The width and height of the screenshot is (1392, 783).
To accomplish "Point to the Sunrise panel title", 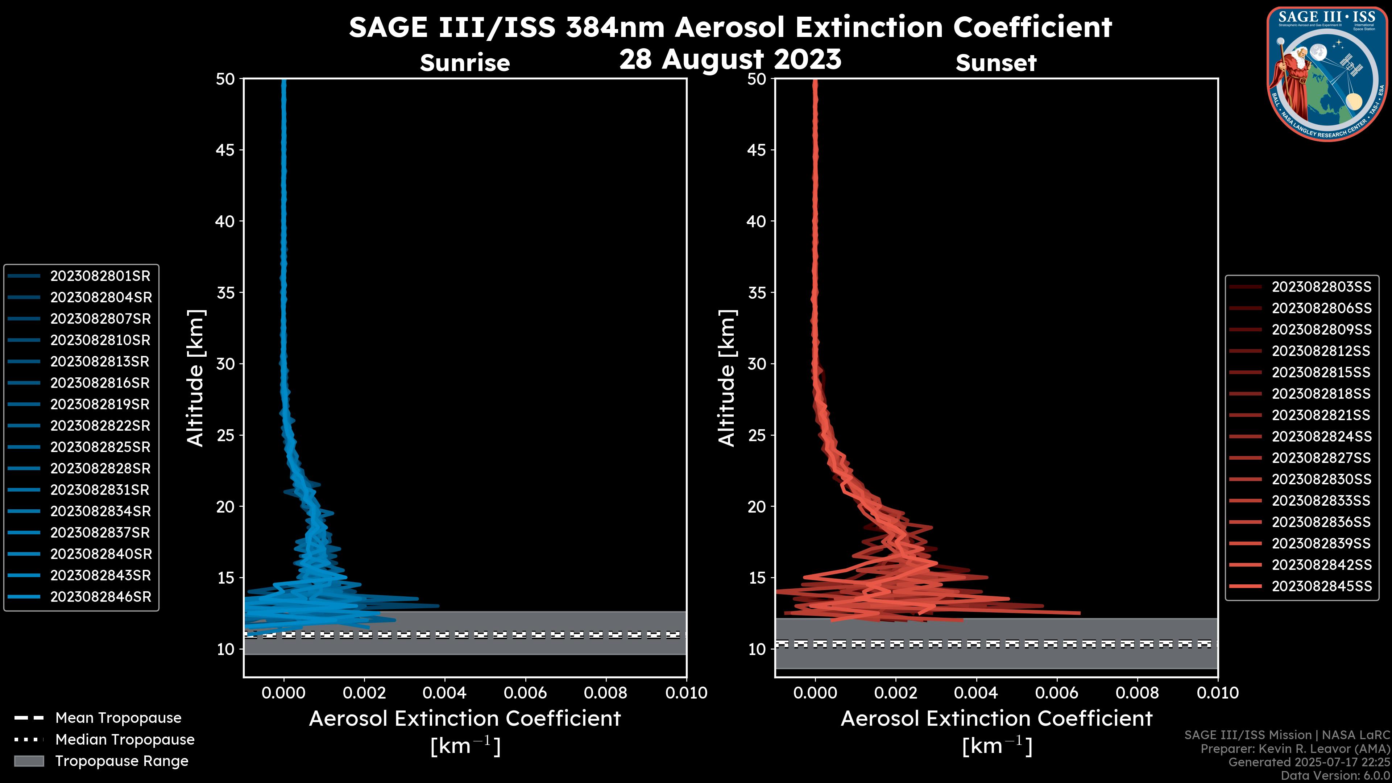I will point(465,63).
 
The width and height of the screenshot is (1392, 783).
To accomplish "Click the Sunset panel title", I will point(996,63).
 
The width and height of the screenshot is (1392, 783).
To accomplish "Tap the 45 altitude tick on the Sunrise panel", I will point(225,150).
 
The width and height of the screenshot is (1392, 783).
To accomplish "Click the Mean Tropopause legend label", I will point(118,718).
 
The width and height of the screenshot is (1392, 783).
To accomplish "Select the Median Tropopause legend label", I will point(124,740).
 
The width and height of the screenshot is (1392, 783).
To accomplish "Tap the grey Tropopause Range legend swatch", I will point(29,761).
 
